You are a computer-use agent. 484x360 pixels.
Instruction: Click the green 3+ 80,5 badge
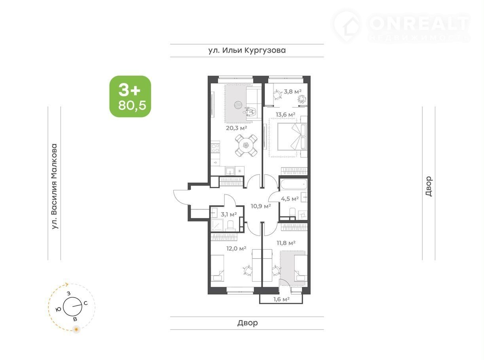(130, 96)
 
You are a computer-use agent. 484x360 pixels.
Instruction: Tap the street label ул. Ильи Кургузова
(247, 50)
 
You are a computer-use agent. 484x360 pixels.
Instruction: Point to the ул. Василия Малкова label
(54, 186)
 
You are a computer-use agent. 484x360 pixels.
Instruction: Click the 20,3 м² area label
(236, 128)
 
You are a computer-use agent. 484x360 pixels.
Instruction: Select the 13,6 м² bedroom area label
(285, 114)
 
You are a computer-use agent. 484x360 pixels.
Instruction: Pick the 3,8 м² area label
(292, 91)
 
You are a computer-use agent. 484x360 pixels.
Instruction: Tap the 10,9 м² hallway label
(261, 206)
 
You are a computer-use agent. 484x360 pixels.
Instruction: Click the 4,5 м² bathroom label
(290, 199)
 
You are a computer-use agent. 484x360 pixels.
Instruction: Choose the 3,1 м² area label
(229, 214)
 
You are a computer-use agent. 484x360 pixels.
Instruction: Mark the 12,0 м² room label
(236, 248)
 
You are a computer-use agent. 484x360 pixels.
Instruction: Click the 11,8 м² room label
(286, 243)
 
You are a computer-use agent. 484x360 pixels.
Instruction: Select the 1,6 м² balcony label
(281, 299)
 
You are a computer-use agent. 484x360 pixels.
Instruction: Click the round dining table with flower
(246, 146)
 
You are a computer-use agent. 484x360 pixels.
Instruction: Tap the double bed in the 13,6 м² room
(292, 136)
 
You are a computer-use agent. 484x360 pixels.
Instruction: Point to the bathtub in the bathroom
(293, 185)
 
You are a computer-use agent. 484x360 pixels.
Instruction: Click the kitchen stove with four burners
(215, 148)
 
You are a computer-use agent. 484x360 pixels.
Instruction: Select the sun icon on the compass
(76, 329)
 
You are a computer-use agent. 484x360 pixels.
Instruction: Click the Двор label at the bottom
(247, 323)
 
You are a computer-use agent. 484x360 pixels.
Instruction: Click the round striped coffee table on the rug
(238, 105)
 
